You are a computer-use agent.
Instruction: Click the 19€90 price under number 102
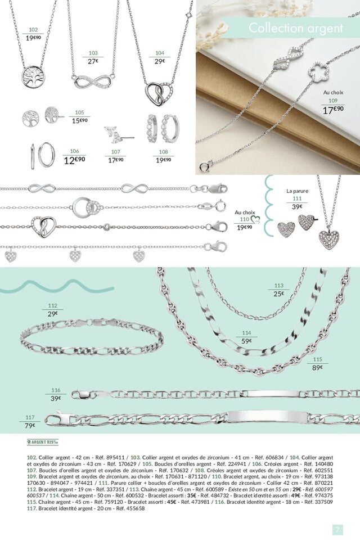pos(33,38)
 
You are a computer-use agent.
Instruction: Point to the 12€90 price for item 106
pos(74,160)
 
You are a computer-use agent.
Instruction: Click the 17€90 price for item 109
pos(333,110)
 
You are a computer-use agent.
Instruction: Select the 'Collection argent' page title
pos(295,28)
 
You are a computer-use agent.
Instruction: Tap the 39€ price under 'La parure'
pos(296,206)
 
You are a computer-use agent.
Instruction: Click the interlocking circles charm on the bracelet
pos(87,206)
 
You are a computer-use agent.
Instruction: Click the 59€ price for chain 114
pos(246,341)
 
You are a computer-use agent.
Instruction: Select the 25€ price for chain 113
pos(279,294)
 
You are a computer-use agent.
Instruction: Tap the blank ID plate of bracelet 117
pos(268,418)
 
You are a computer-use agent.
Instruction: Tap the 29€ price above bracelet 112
pos(53,313)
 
